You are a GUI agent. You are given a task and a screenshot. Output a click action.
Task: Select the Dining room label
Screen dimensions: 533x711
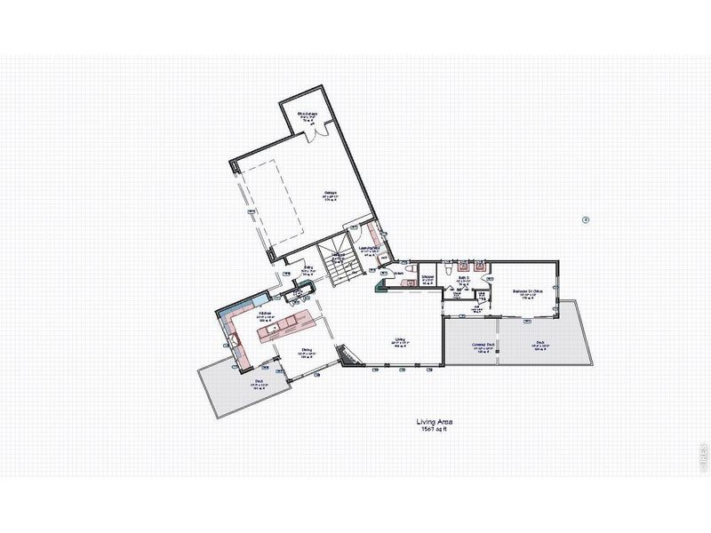click(305, 350)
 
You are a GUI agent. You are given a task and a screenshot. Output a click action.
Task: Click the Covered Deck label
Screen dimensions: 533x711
click(484, 348)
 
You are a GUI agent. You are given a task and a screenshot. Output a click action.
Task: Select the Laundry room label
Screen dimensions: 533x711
click(369, 249)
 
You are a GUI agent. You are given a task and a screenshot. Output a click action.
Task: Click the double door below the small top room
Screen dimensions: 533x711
click(316, 133)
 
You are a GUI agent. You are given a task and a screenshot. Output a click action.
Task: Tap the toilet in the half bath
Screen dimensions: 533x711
click(410, 269)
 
